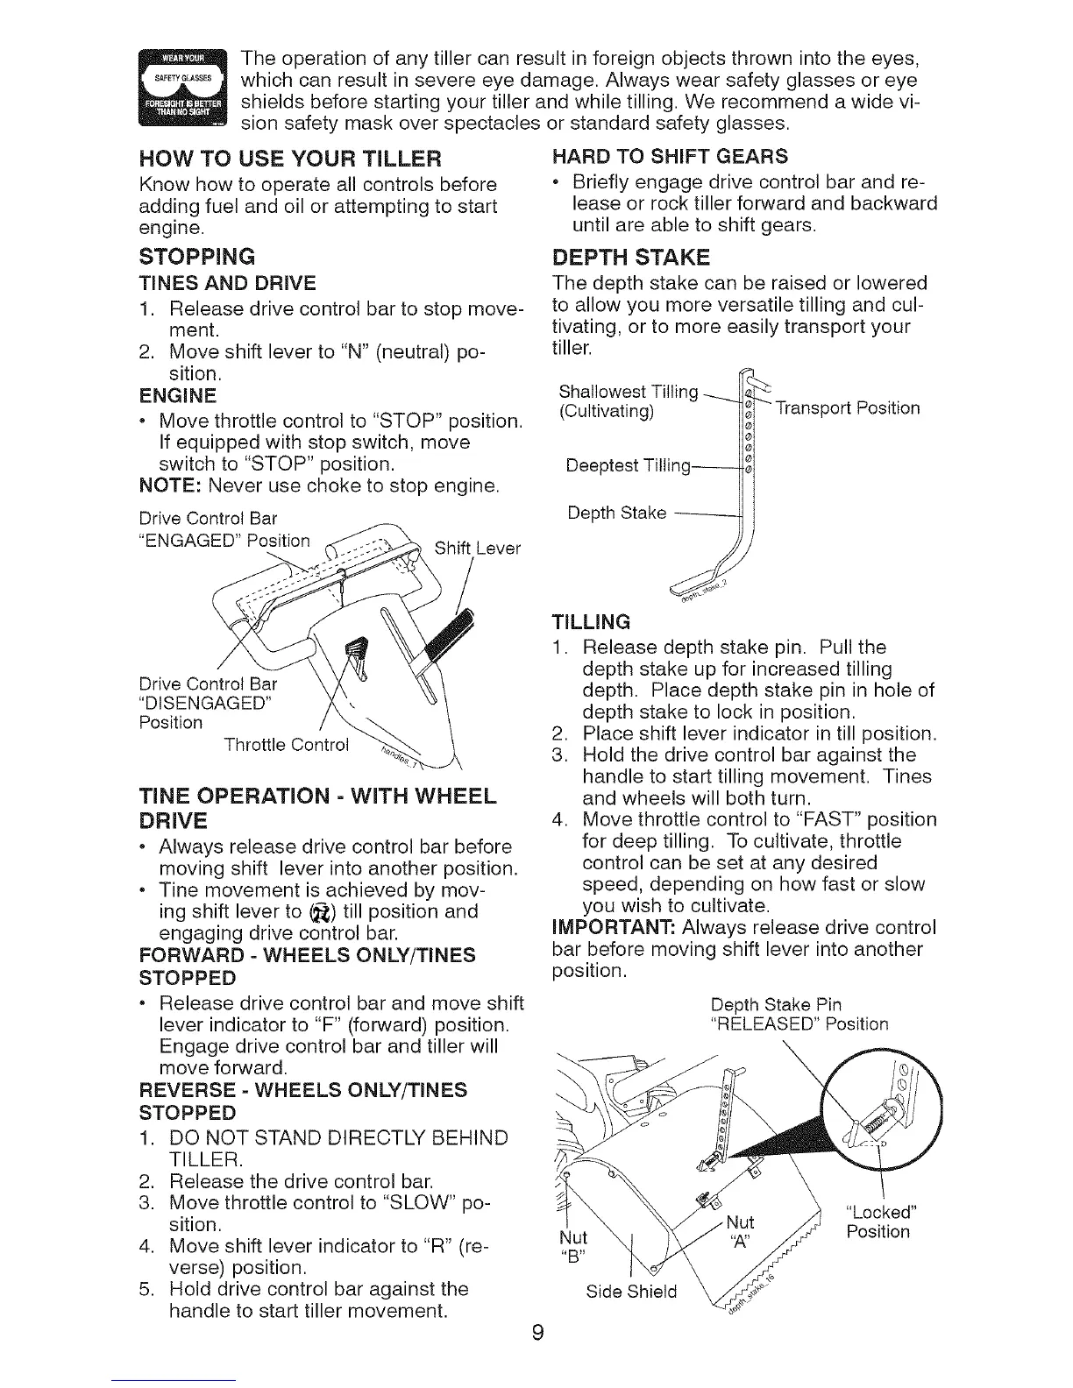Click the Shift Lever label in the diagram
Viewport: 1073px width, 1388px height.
[x=477, y=548]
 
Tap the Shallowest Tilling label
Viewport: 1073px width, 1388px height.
[x=628, y=391]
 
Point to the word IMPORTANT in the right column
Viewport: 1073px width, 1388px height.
[x=608, y=928]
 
